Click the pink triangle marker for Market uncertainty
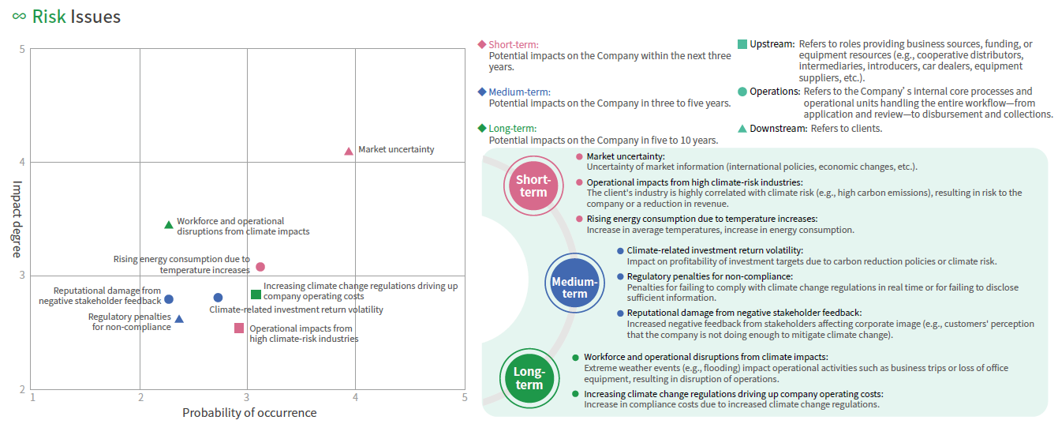349,151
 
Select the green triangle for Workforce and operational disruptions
168,225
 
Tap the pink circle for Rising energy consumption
260,267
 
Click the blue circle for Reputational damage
168,299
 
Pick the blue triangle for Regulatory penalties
179,319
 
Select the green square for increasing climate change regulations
256,295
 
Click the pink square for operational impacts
239,328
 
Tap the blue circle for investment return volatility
218,298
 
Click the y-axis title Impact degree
17,219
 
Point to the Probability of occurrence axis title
249,413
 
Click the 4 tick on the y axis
23,163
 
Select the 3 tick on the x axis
248,397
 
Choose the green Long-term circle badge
529,378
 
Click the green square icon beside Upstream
742,44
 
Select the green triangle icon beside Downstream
742,128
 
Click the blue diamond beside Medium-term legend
482,92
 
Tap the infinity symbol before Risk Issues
18,17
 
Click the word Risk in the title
49,17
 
